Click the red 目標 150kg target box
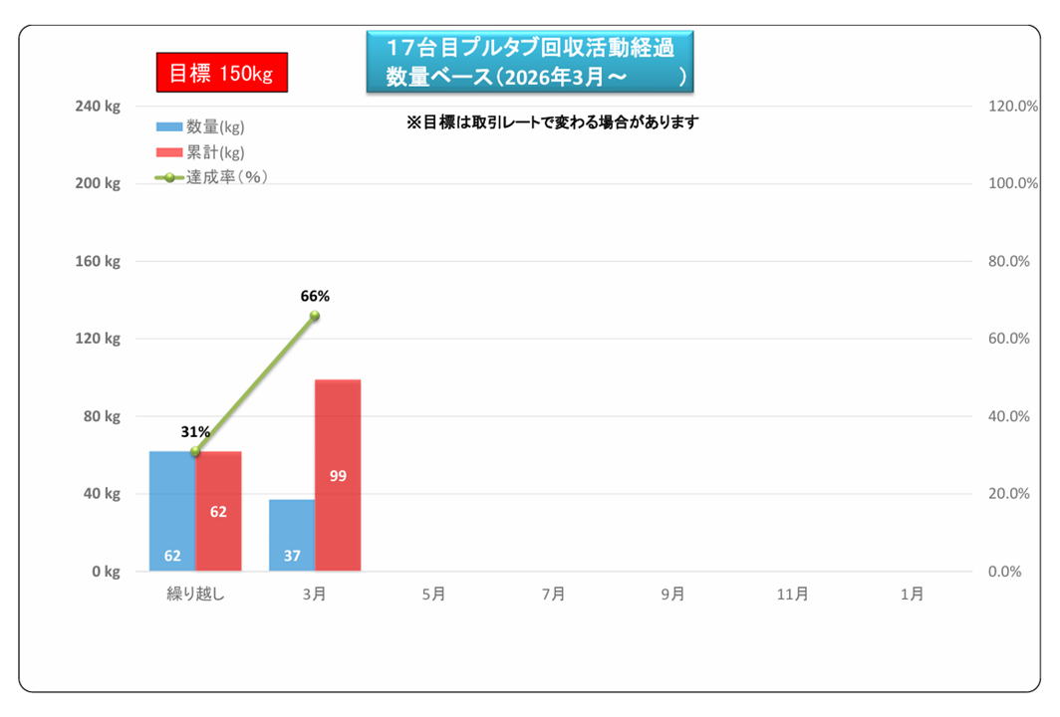221,74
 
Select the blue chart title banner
529,62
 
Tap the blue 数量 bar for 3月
292,535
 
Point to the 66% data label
315,296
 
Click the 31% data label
195,432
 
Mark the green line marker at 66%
315,316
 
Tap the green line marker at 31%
195,451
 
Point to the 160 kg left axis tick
99,262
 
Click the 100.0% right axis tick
1013,184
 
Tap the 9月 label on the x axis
672,595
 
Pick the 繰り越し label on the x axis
195,595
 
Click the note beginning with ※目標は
552,122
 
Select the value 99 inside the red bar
338,476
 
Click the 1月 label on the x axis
912,595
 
